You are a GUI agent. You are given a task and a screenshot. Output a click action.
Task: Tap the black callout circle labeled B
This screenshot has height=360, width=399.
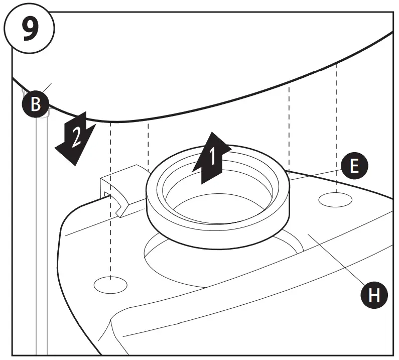[x=36, y=105]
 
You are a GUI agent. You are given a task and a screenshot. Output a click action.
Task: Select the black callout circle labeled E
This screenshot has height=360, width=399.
[x=354, y=166]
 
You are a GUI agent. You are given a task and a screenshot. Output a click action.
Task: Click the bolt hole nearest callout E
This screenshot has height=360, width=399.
[x=336, y=198]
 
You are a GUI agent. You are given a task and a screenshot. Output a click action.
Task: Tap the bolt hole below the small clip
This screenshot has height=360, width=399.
[x=110, y=284]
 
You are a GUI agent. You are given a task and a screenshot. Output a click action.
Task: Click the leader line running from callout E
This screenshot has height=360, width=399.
[x=316, y=174]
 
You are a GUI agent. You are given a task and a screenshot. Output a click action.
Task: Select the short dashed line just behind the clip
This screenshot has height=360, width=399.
[x=149, y=146]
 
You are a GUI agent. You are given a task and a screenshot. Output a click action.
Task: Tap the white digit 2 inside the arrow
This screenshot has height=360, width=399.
[x=75, y=137]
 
